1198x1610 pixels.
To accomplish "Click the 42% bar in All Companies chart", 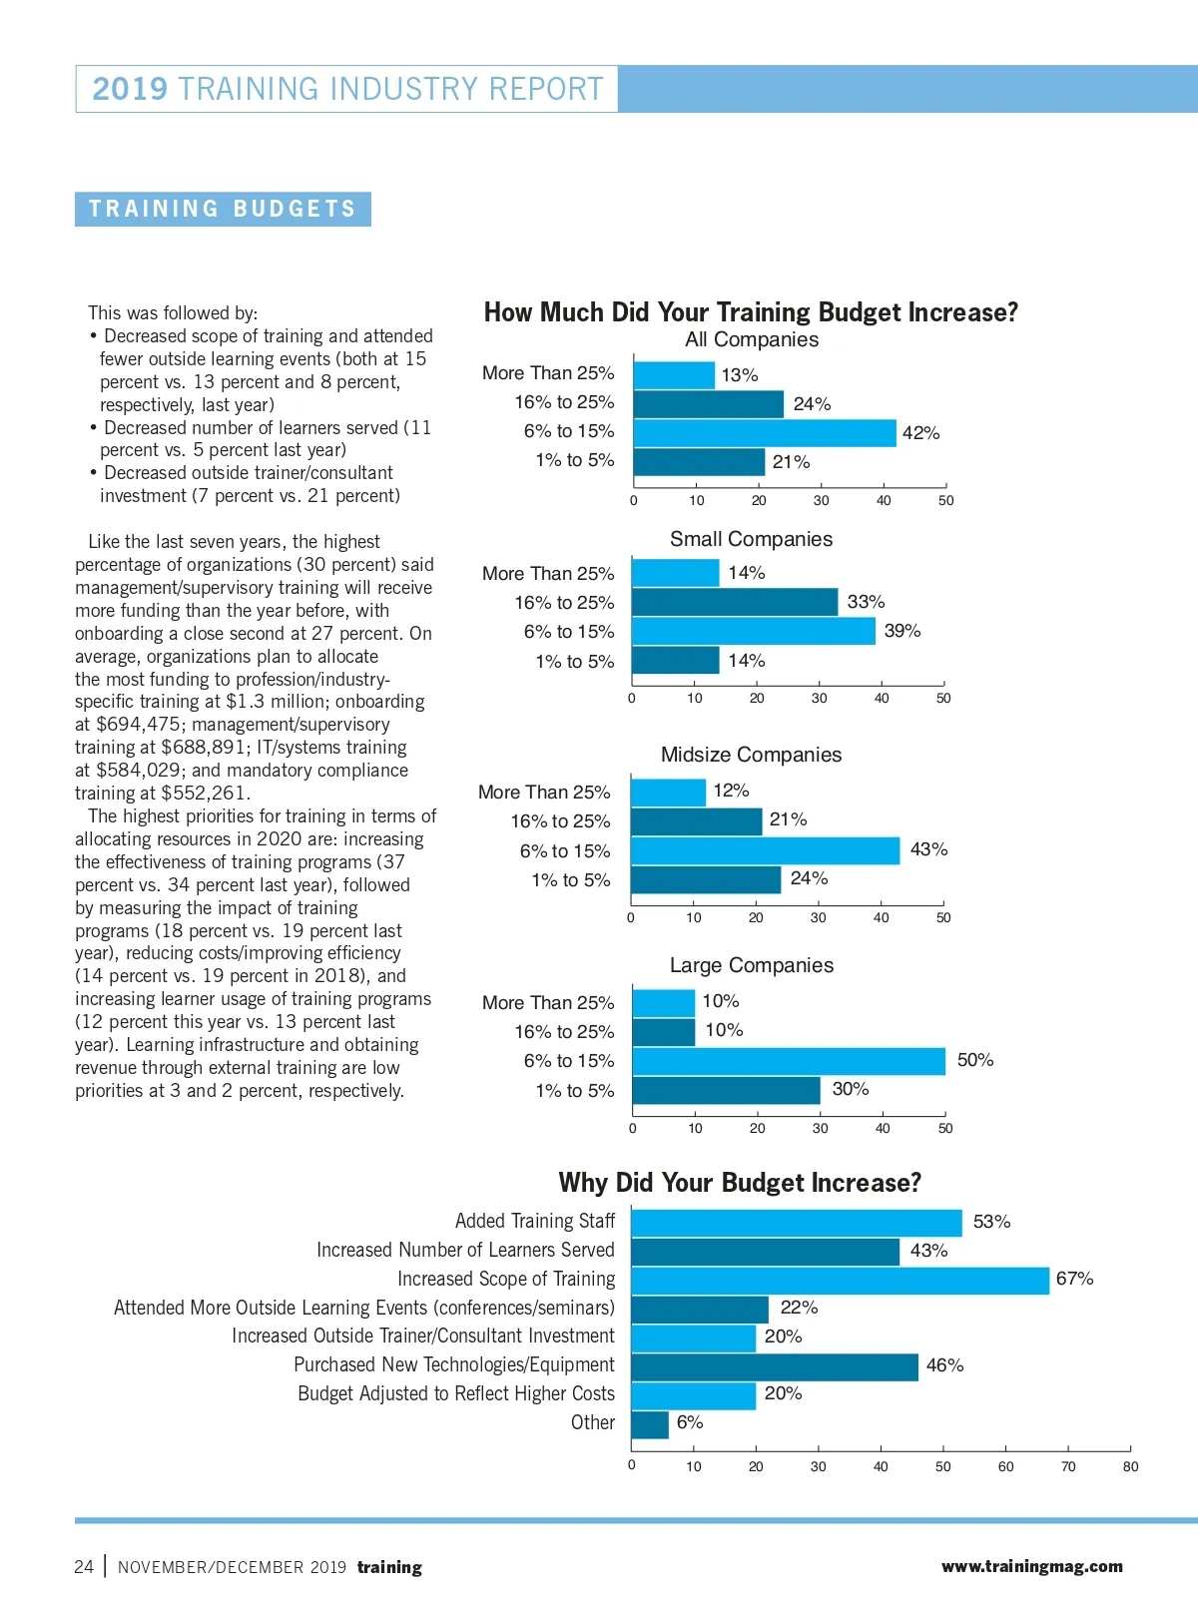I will point(765,432).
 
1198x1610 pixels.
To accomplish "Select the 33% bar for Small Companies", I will point(735,602).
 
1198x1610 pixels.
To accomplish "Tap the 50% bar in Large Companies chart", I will point(789,1061).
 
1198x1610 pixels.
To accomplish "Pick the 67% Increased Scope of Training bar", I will point(840,1280).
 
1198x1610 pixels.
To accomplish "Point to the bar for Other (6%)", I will point(650,1424).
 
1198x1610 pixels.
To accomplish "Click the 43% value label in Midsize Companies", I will point(928,849).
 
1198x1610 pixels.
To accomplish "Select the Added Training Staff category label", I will point(535,1221).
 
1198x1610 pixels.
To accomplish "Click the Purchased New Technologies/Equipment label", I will point(454,1364).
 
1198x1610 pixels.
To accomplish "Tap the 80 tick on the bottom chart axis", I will point(1130,1466).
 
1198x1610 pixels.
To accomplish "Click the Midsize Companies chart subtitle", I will point(751,755).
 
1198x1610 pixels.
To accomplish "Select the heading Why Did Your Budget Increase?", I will point(740,1183).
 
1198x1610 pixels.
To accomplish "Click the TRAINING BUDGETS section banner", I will point(223,209).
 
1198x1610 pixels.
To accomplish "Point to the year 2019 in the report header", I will point(130,89).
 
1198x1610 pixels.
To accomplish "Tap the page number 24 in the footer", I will point(84,1566).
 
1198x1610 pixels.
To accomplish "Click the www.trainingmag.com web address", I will point(1031,1566).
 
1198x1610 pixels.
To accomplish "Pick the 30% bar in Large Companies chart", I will point(726,1090).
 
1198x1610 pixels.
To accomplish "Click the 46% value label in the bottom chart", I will point(944,1365).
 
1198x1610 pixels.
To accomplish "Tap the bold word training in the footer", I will point(389,1567).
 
